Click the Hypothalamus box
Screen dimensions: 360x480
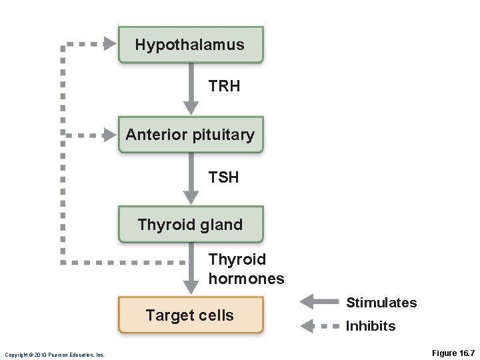coord(191,45)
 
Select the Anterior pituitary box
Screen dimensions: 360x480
coord(191,135)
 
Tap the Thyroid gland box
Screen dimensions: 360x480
coord(191,225)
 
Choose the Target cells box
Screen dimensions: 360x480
coord(191,315)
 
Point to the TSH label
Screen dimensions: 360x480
coord(223,177)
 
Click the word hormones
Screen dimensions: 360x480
coord(246,278)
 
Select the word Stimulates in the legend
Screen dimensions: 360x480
coord(381,303)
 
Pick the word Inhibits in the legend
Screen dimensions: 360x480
coord(371,326)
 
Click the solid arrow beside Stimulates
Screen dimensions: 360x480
coord(319,303)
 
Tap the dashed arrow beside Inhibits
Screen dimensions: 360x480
coord(319,326)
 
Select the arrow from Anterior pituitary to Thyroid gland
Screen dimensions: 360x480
coord(191,178)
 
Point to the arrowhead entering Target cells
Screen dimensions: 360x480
coord(191,287)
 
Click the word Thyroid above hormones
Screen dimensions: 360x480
coord(237,259)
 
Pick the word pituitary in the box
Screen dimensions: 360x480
coord(223,135)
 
